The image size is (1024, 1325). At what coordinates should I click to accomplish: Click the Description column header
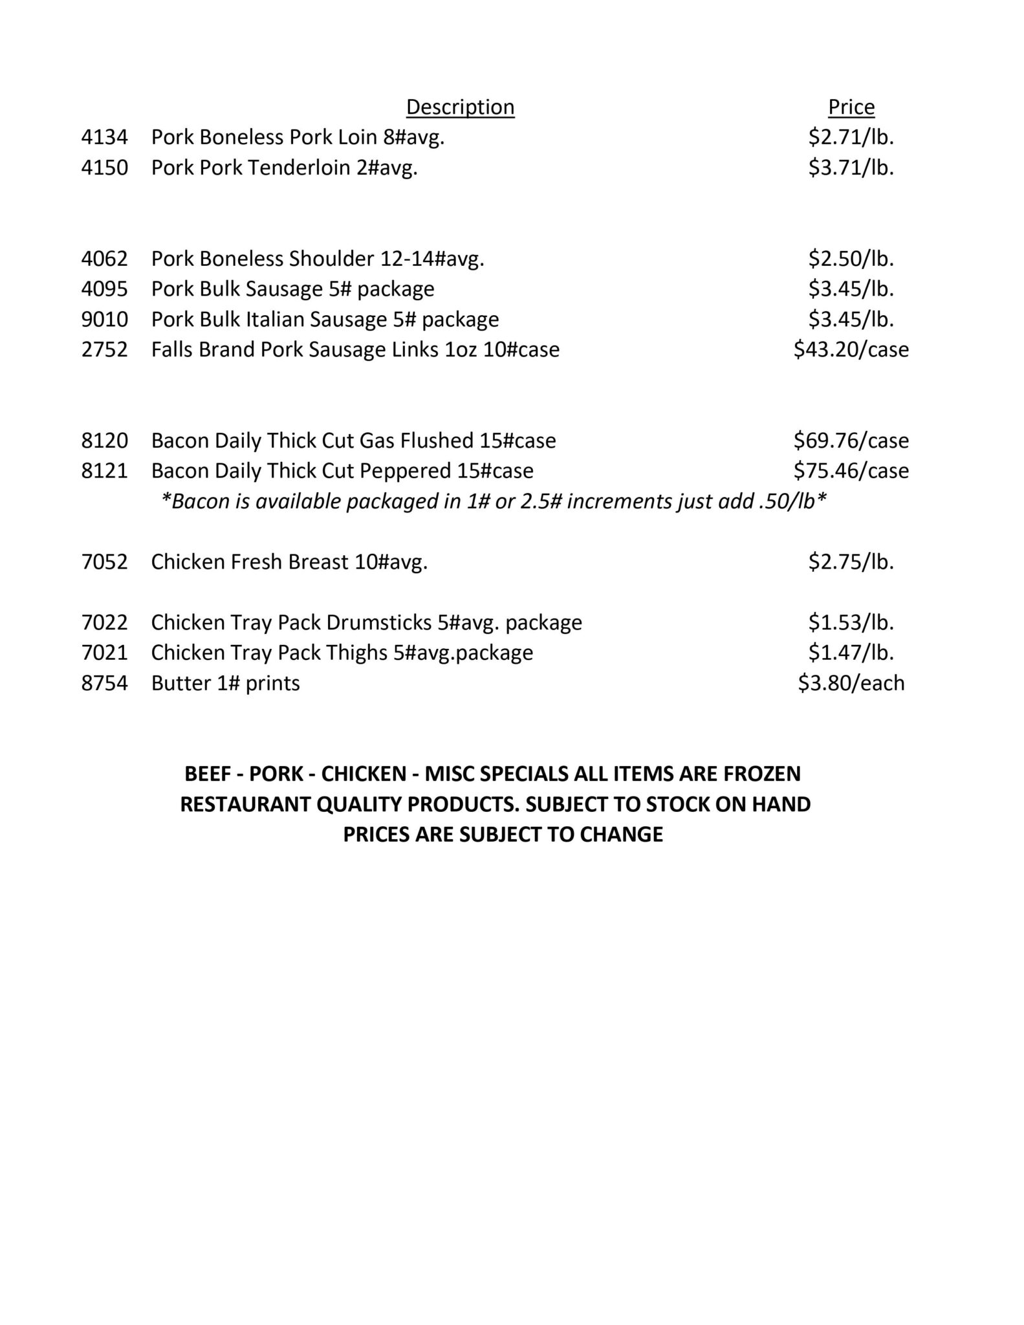pos(460,107)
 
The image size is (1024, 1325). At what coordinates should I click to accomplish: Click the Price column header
pos(851,107)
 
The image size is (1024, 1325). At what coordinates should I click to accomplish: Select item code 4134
pos(104,137)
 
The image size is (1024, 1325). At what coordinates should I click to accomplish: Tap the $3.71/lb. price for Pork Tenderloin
pos(851,168)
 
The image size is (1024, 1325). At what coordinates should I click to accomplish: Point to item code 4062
pos(104,259)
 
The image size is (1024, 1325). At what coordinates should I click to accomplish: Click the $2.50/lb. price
pos(851,259)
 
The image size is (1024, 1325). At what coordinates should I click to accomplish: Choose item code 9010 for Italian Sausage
pos(104,319)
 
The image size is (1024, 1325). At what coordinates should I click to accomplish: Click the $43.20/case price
pos(851,349)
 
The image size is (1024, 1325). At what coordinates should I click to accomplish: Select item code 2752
pos(104,349)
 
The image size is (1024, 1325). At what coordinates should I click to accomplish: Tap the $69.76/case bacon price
pos(851,441)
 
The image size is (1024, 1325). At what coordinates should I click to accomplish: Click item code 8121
pos(104,470)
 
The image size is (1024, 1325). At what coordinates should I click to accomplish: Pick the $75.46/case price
pos(851,470)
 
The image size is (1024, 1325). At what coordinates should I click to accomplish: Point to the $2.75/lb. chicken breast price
pos(851,562)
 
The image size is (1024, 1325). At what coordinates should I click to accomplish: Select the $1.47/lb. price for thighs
pos(851,652)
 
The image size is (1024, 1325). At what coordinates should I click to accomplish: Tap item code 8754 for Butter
pos(104,683)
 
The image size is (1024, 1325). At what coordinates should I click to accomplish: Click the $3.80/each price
pos(851,683)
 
